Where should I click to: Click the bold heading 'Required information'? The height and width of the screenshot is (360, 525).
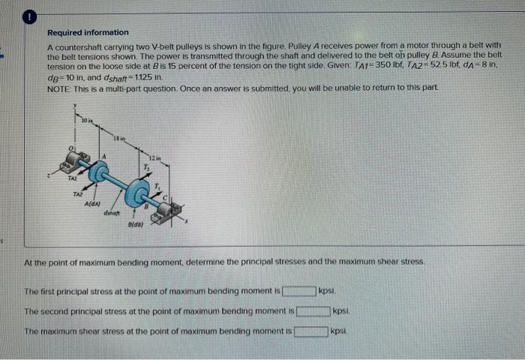[x=88, y=33]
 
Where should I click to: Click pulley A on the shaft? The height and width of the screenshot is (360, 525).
[x=98, y=172]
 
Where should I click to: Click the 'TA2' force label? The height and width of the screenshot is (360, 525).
[x=77, y=193]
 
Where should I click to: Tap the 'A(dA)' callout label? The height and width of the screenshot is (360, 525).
[x=93, y=205]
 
